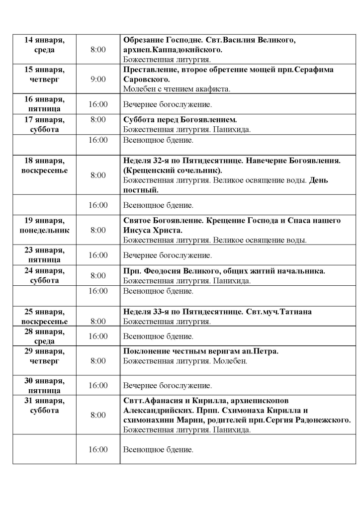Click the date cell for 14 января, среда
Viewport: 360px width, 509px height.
pyautogui.click(x=44, y=45)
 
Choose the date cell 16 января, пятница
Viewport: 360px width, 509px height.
pyautogui.click(x=44, y=104)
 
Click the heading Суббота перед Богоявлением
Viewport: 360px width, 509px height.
pyautogui.click(x=180, y=119)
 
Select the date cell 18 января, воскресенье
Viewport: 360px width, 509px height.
pyautogui.click(x=44, y=166)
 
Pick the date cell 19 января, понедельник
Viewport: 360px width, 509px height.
pyautogui.click(x=44, y=225)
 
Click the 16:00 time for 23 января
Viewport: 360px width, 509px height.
pyautogui.click(x=98, y=255)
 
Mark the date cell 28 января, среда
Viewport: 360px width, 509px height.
pyautogui.click(x=44, y=337)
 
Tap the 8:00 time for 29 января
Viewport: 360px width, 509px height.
pyautogui.click(x=98, y=361)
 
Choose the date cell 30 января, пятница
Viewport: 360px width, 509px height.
pyautogui.click(x=44, y=386)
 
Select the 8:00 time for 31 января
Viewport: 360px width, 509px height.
pyautogui.click(x=98, y=415)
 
